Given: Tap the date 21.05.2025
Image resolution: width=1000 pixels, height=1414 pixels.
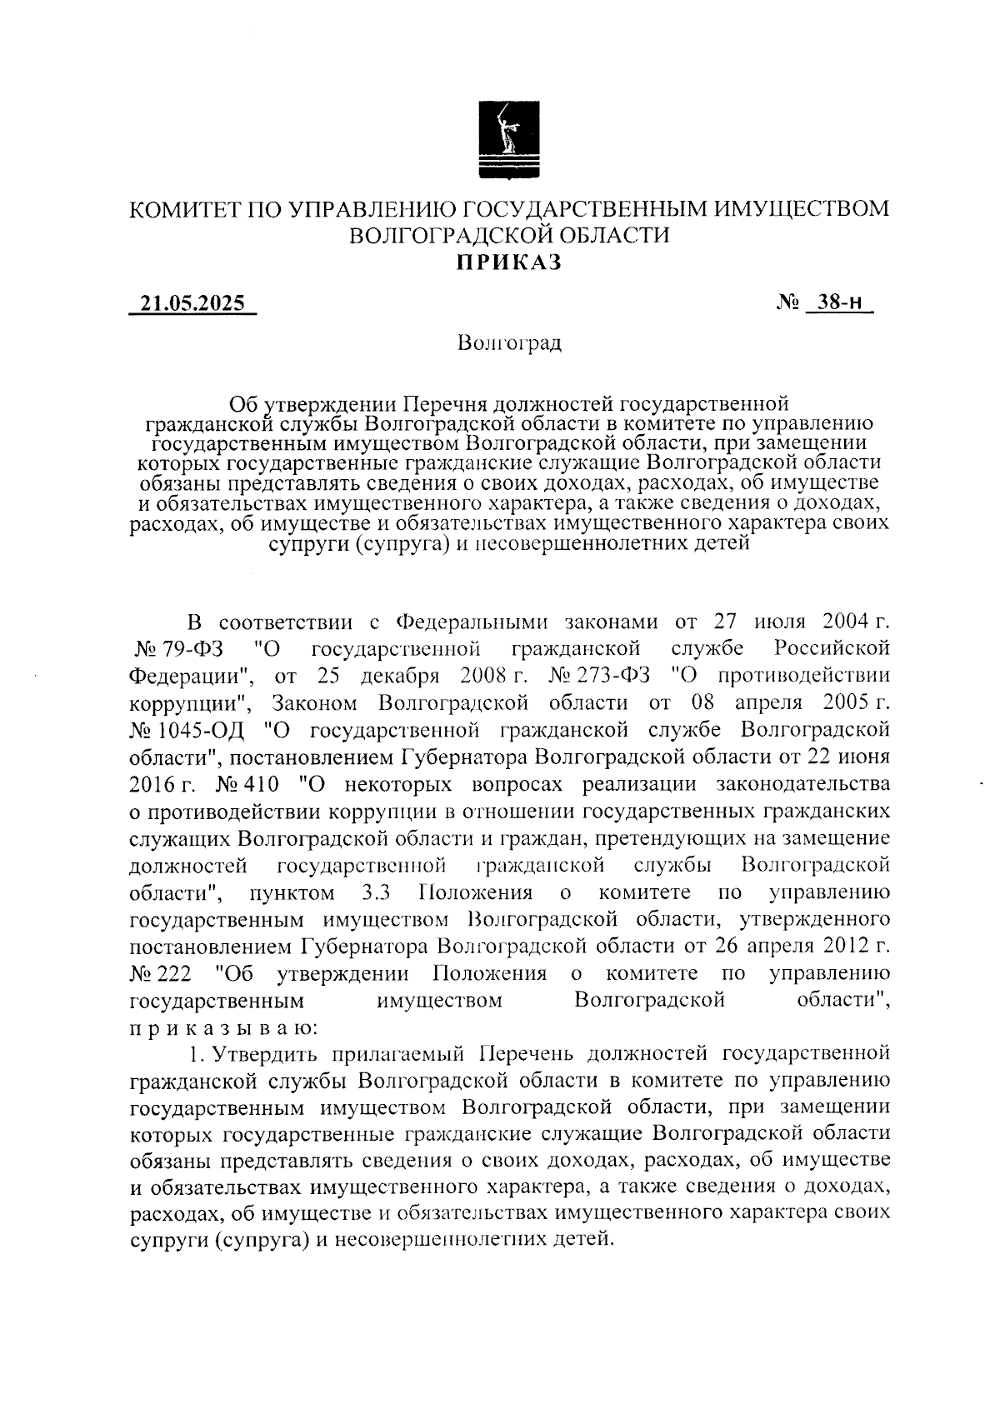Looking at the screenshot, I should tap(192, 304).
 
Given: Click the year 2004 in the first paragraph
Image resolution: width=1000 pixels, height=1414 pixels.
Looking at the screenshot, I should tap(845, 621).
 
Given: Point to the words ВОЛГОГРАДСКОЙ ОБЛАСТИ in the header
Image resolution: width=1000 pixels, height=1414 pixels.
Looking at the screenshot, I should tap(509, 236).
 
